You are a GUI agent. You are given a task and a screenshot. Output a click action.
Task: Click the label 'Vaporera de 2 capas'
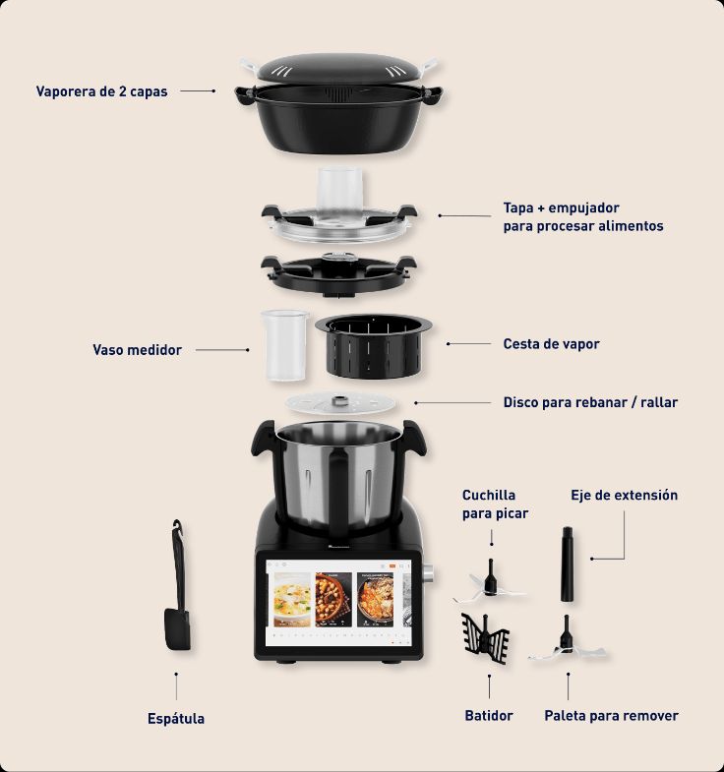pyautogui.click(x=101, y=91)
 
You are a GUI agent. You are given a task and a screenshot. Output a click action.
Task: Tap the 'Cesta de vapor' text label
pyautogui.click(x=551, y=344)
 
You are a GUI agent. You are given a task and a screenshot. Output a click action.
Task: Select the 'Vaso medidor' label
pyautogui.click(x=137, y=349)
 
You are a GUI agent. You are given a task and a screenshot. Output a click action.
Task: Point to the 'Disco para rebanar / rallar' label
pyautogui.click(x=590, y=402)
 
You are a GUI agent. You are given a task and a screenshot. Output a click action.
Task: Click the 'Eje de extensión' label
pyautogui.click(x=624, y=495)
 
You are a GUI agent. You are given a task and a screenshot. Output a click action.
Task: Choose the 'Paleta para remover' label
pyautogui.click(x=611, y=715)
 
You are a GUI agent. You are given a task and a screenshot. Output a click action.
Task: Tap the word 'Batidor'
pyautogui.click(x=489, y=715)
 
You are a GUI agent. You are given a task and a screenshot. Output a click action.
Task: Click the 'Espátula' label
pyautogui.click(x=176, y=718)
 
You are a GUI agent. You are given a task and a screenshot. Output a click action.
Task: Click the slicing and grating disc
pyautogui.click(x=340, y=403)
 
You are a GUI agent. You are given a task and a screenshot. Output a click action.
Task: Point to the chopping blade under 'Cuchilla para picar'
pyautogui.click(x=489, y=582)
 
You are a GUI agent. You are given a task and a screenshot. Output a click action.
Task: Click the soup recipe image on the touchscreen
pyautogui.click(x=290, y=599)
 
